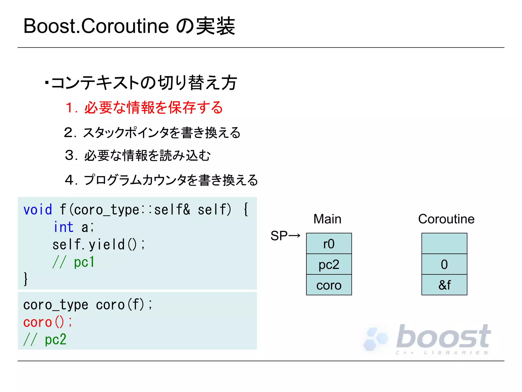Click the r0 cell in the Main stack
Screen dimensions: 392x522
click(x=329, y=244)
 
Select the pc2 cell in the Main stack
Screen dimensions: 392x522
click(x=329, y=264)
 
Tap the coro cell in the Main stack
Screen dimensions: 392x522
click(x=329, y=285)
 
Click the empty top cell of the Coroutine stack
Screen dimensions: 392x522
click(x=444, y=244)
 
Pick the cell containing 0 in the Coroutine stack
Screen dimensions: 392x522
click(x=444, y=264)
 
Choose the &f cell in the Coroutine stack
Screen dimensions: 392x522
click(x=444, y=285)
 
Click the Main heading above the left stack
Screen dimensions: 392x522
click(x=327, y=219)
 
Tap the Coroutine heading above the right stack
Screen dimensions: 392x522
click(x=446, y=219)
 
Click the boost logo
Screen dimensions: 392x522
click(x=428, y=338)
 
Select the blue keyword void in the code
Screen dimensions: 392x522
click(x=38, y=210)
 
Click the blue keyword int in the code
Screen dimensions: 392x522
click(x=64, y=227)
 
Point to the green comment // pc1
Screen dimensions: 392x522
click(x=74, y=262)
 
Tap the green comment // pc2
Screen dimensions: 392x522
click(x=45, y=339)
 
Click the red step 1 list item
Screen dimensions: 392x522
click(x=144, y=108)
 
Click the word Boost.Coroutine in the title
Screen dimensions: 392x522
click(x=96, y=26)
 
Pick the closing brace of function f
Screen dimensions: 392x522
click(x=25, y=279)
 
